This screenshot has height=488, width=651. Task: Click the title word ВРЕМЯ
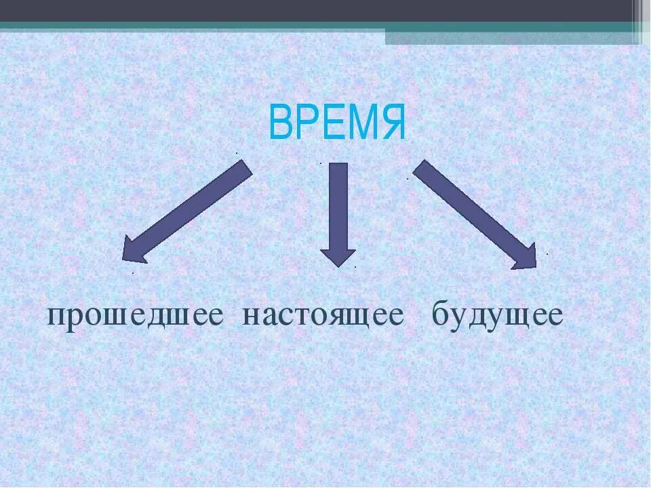(337, 123)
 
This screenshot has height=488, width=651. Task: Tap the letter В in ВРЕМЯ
(280, 123)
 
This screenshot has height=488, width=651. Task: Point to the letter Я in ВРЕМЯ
(392, 123)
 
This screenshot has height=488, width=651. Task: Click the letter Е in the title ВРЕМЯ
(331, 123)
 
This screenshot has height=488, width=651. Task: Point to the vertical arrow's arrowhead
(338, 258)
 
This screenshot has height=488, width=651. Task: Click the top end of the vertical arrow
(338, 166)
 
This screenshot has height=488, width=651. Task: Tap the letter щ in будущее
(516, 317)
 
